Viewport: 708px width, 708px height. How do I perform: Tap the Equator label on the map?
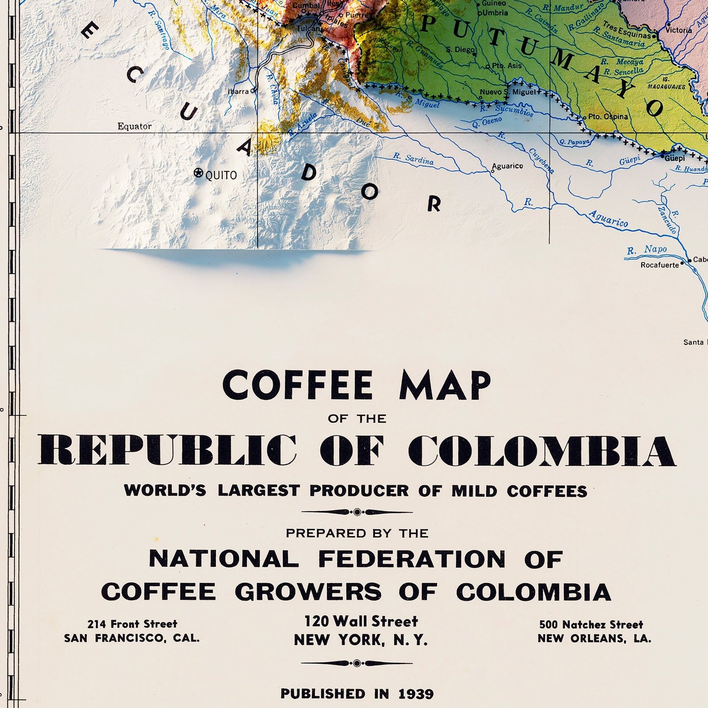(134, 126)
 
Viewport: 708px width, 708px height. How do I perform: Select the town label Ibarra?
(238, 91)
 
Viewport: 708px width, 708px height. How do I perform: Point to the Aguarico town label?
(507, 166)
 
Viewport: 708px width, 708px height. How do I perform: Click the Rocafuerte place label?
(660, 265)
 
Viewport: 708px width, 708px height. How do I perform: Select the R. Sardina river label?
(413, 158)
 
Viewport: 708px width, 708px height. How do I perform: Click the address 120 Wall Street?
(361, 621)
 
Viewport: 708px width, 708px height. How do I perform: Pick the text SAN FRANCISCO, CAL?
(132, 638)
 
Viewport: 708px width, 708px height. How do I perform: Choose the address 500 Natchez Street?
(591, 625)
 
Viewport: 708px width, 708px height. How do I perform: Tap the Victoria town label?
(679, 30)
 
